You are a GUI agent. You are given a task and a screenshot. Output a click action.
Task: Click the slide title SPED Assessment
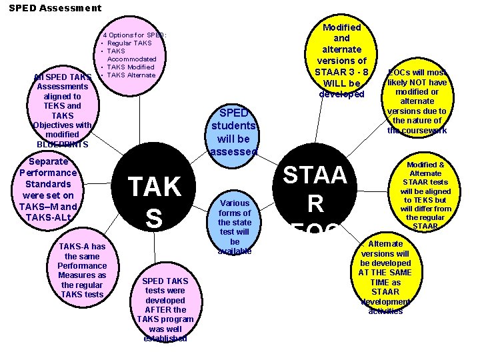click(x=55, y=8)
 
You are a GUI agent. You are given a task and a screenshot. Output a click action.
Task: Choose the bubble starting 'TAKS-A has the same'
click(x=81, y=270)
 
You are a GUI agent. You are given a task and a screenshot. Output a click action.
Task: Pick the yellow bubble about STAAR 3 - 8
click(x=341, y=60)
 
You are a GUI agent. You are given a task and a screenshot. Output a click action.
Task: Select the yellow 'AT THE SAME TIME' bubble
click(x=385, y=277)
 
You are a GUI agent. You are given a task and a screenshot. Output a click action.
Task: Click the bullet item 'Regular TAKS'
click(x=129, y=43)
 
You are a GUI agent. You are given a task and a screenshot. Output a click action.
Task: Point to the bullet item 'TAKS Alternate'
click(x=131, y=75)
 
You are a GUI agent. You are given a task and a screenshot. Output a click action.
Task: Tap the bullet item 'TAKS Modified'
click(x=131, y=67)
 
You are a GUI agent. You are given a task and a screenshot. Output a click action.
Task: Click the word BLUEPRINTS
click(x=63, y=144)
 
